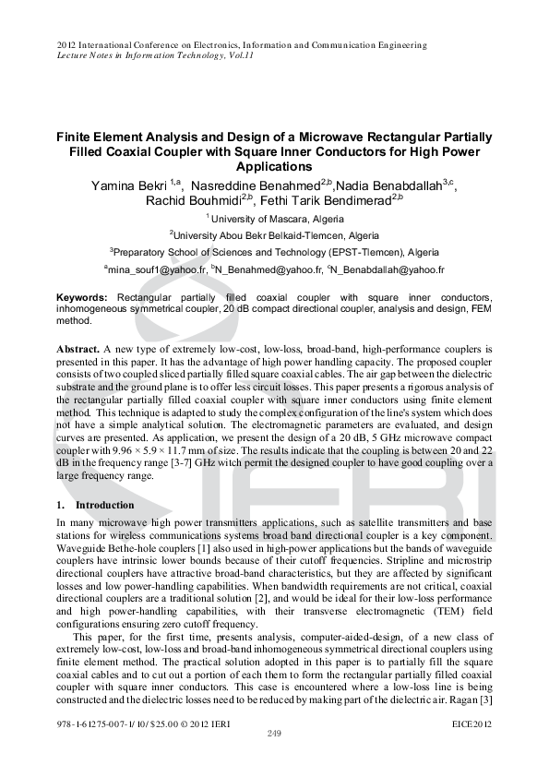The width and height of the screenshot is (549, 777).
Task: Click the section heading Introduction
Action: click(104, 506)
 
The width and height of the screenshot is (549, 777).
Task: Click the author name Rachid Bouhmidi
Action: click(192, 200)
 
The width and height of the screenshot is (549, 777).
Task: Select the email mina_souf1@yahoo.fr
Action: click(155, 270)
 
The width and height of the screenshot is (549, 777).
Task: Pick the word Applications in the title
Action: click(274, 167)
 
